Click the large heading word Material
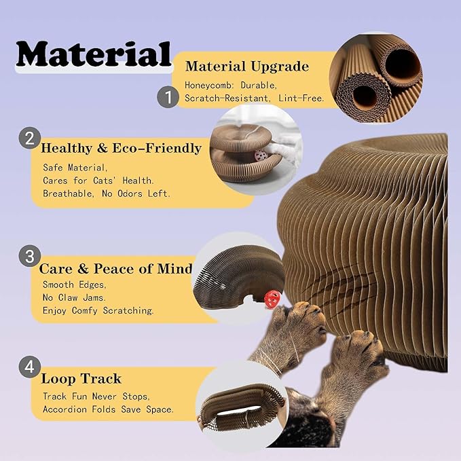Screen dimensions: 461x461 [94, 54]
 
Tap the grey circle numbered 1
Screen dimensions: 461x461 [168, 97]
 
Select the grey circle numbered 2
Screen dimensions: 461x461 [30, 138]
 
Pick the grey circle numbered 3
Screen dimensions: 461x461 [30, 256]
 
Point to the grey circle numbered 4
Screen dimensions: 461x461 [30, 367]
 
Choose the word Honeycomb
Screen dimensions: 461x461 [209, 86]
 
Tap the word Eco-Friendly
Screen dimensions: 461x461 [157, 148]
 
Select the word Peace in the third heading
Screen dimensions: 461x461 [113, 269]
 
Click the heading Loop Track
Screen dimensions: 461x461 [81, 379]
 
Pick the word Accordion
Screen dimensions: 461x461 [65, 409]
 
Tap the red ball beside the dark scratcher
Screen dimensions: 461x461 [272, 299]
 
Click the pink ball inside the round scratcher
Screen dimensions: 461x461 [260, 155]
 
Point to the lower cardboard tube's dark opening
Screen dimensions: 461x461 [365, 97]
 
